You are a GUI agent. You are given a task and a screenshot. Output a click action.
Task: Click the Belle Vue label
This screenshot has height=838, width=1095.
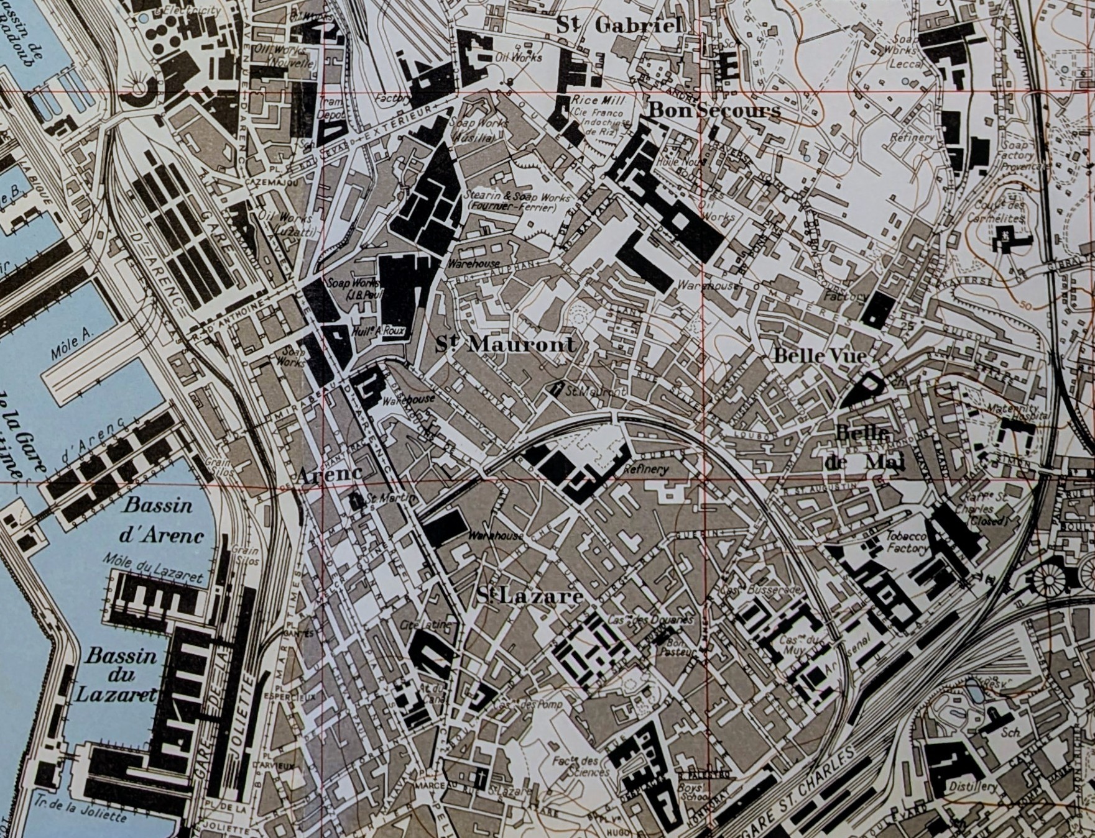pyautogui.click(x=820, y=356)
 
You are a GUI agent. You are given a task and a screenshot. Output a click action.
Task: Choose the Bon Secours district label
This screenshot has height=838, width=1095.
pyautogui.click(x=714, y=111)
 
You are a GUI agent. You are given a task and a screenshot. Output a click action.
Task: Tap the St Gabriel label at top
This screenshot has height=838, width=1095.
pyautogui.click(x=619, y=25)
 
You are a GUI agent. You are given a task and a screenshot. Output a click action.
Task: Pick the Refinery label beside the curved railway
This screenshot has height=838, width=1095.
pyautogui.click(x=650, y=470)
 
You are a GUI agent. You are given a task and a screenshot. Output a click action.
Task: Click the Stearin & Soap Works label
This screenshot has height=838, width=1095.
pyautogui.click(x=517, y=202)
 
